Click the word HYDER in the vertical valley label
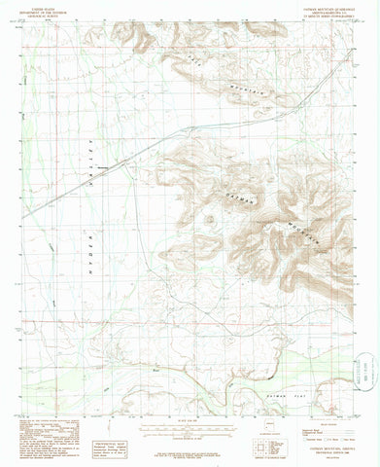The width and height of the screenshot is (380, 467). click(x=85, y=261)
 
